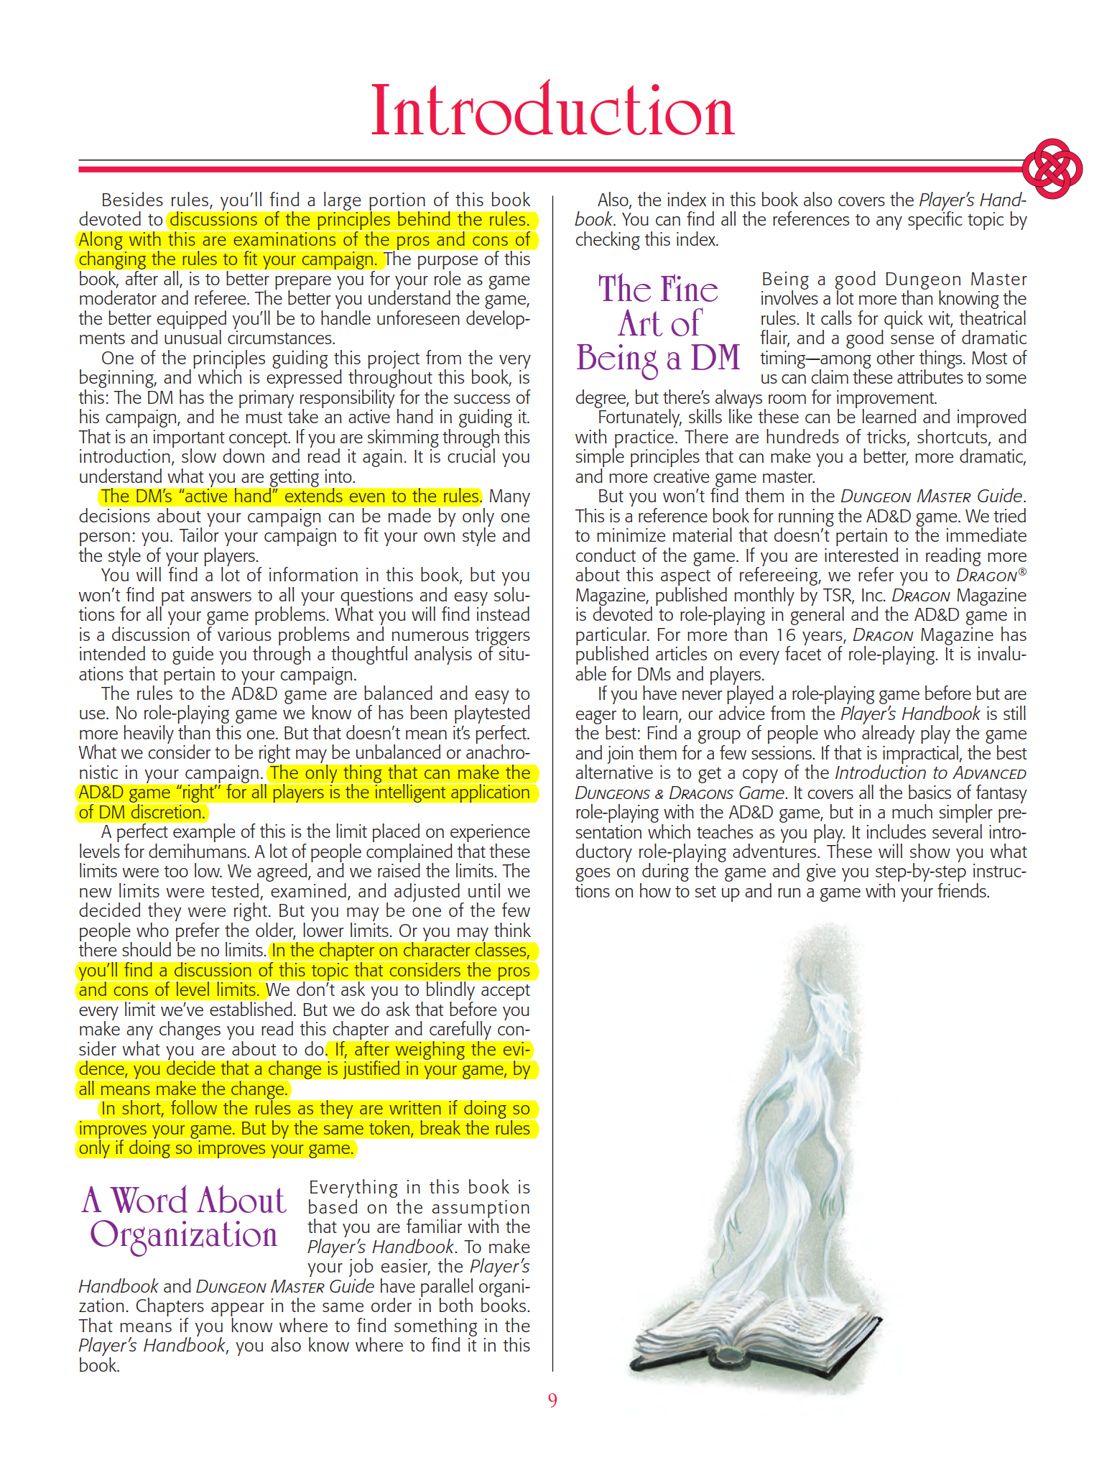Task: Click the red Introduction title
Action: click(x=552, y=111)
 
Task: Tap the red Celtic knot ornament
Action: click(x=1052, y=169)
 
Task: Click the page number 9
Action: click(x=552, y=1400)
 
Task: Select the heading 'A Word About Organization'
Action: click(x=184, y=1217)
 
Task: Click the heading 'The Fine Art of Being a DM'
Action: click(x=658, y=323)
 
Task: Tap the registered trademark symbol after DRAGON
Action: click(x=1022, y=572)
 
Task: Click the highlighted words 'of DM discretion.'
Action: click(x=142, y=813)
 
